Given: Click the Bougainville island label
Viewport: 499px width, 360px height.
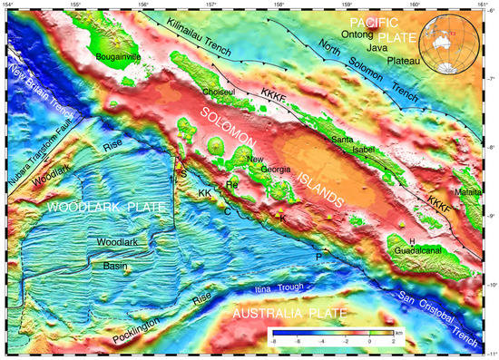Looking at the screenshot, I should pyautogui.click(x=120, y=55).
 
